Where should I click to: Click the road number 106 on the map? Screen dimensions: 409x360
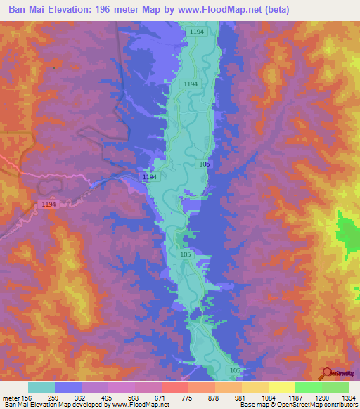205,164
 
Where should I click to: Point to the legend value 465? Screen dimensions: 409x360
108,397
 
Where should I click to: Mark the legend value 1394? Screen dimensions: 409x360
348,397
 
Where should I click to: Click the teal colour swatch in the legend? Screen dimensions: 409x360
41,387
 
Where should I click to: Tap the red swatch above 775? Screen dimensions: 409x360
174,387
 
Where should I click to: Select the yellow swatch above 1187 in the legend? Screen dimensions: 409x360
281,387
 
